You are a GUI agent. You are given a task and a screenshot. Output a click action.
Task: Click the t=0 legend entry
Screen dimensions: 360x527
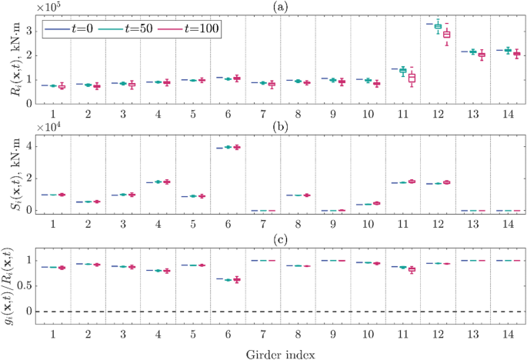tap(72, 28)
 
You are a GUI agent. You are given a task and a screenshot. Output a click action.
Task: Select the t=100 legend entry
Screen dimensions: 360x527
tap(189, 28)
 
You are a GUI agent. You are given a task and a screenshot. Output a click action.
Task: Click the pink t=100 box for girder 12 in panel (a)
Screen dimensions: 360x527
tap(446, 35)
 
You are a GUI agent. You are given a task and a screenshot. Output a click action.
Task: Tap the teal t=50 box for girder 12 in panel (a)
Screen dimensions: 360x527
tap(438, 26)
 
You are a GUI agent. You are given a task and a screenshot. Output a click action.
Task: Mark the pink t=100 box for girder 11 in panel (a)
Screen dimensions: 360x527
tap(412, 78)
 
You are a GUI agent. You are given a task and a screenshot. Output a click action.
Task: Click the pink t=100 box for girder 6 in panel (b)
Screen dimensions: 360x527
tap(237, 147)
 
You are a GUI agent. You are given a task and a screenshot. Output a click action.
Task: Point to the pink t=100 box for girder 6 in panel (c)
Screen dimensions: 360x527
tap(237, 280)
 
